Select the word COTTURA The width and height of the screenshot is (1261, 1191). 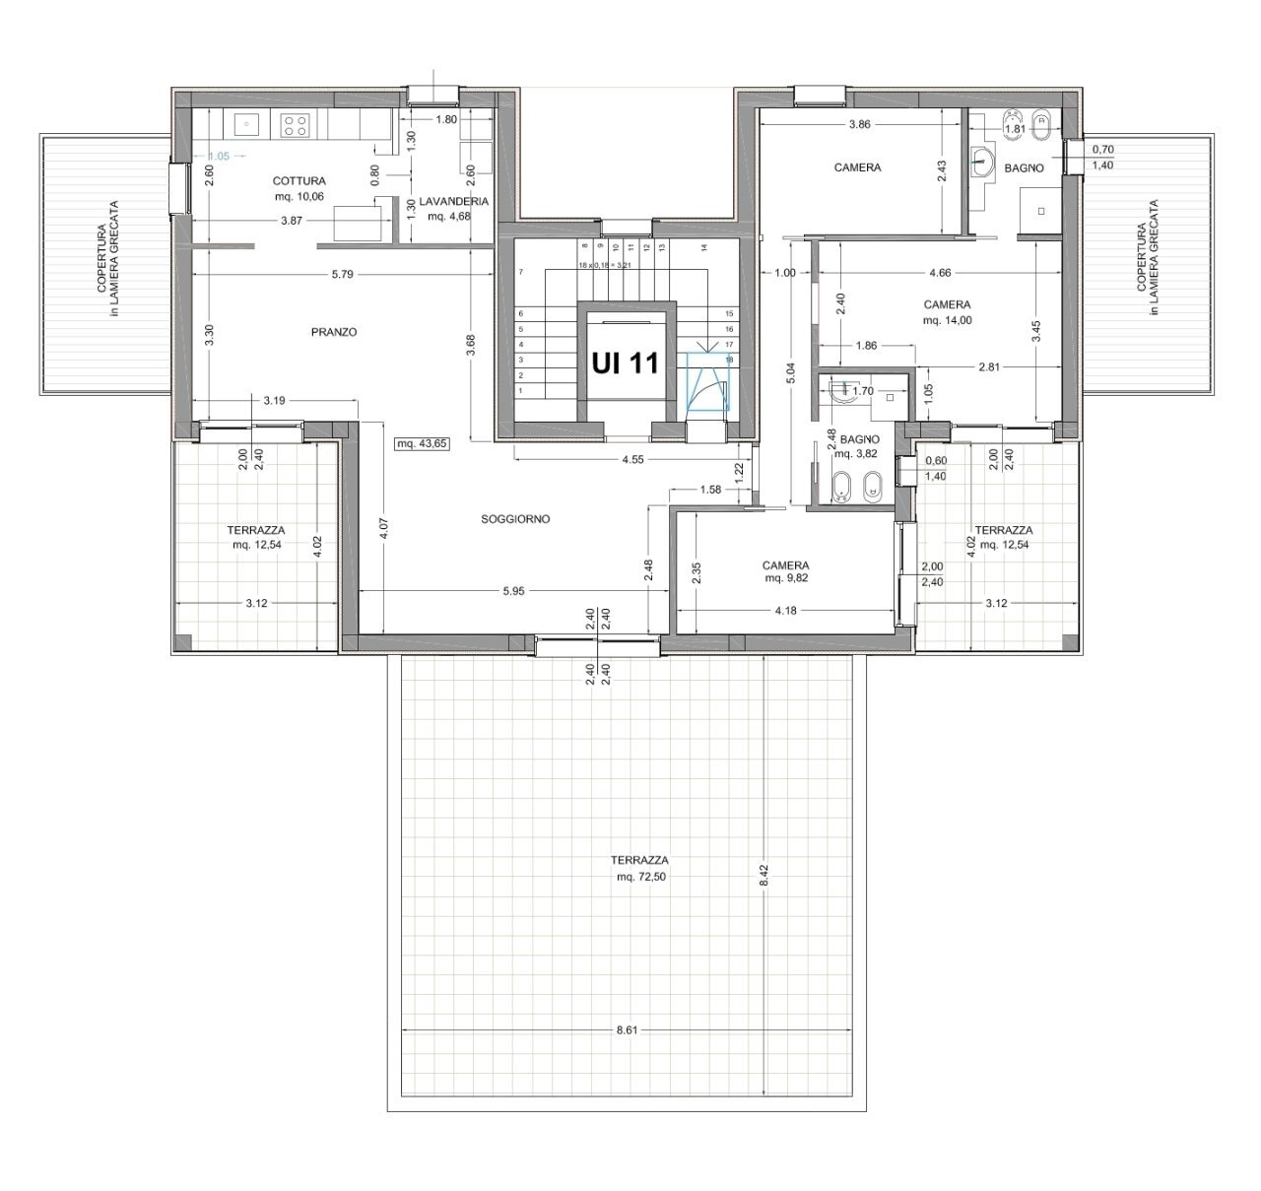point(299,181)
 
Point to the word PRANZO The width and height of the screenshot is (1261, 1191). point(333,332)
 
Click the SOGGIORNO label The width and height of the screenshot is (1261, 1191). point(515,518)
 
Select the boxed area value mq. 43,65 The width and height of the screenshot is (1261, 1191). point(422,443)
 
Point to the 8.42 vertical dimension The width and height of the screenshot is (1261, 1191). point(763,875)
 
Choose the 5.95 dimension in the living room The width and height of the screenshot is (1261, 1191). point(512,591)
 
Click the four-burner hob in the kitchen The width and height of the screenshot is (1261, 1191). point(296,124)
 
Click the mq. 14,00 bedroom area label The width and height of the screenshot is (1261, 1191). point(947,320)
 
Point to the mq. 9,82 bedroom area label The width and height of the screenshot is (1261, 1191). point(785,579)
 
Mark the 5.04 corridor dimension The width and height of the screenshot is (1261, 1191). point(793,375)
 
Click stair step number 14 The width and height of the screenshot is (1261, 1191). point(703,247)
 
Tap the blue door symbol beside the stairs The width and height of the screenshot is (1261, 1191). point(707,382)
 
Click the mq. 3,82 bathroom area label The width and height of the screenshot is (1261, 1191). point(854,454)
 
